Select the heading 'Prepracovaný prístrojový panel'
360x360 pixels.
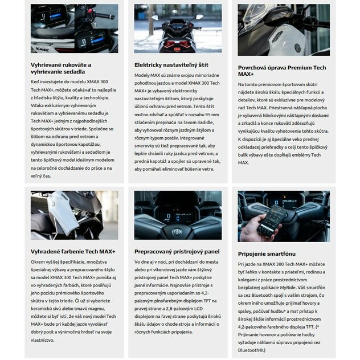coord(177,251)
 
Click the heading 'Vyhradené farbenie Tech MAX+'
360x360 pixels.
coord(73,251)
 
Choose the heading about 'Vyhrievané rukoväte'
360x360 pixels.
coord(61,68)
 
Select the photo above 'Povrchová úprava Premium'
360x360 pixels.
coord(283,30)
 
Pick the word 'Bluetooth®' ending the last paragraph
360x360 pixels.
coord(253,351)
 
